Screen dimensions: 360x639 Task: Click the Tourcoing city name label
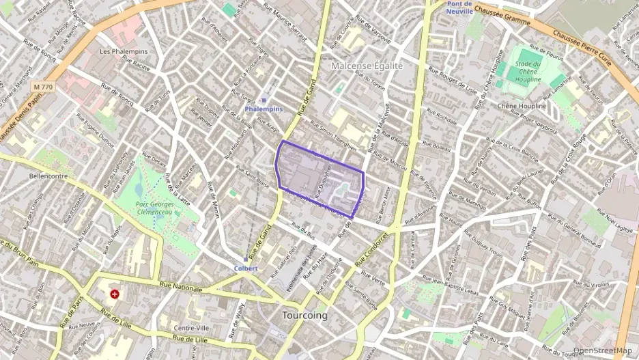click(304, 316)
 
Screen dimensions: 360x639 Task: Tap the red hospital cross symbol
click(114, 294)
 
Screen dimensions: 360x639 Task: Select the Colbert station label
click(246, 268)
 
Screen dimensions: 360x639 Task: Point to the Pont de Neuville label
click(459, 8)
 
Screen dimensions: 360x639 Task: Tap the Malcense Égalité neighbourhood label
click(367, 66)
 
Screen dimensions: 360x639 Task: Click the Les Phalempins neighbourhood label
click(124, 51)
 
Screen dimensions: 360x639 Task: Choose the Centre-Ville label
click(192, 328)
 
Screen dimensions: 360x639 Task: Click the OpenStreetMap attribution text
click(603, 350)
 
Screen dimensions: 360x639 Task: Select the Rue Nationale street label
click(182, 288)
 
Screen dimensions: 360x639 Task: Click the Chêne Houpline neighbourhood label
click(522, 106)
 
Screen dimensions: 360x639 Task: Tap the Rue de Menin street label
click(213, 200)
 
